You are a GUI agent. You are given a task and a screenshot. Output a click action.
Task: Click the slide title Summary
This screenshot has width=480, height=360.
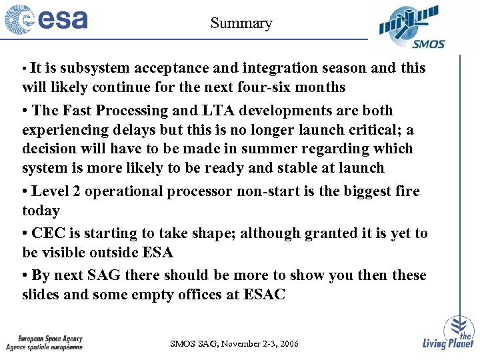tap(241, 23)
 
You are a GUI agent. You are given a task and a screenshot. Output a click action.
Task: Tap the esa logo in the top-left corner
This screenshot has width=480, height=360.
tap(47, 19)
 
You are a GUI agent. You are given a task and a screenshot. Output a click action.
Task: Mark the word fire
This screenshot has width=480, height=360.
tap(406, 192)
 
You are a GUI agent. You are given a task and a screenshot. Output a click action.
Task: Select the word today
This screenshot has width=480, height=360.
tap(41, 211)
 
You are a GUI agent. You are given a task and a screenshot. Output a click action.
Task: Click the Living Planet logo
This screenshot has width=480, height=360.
tap(449, 333)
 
